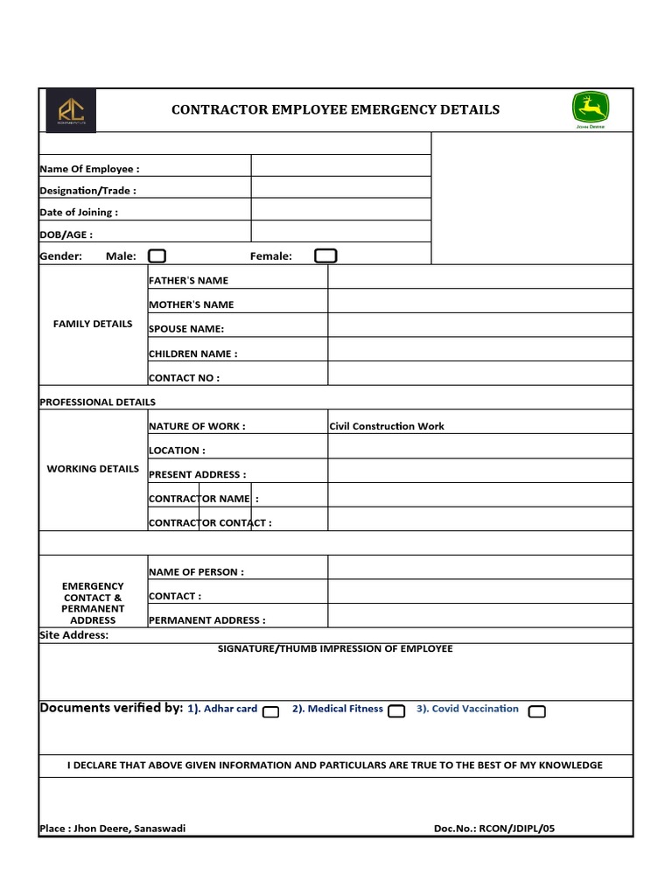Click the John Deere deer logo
pyautogui.click(x=591, y=108)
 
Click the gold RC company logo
pyautogui.click(x=71, y=111)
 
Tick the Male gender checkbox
pyautogui.click(x=157, y=255)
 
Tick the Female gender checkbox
pyautogui.click(x=325, y=255)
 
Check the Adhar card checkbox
pyautogui.click(x=271, y=711)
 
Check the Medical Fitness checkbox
pyautogui.click(x=396, y=711)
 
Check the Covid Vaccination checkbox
pyautogui.click(x=537, y=711)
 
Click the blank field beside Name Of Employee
pyautogui.click(x=340, y=166)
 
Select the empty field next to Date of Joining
pyautogui.click(x=340, y=209)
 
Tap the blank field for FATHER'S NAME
pyautogui.click(x=479, y=277)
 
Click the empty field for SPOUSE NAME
pyautogui.click(x=479, y=325)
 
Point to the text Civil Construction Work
pyautogui.click(x=387, y=426)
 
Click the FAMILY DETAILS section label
pyautogui.click(x=93, y=324)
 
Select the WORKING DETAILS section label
pyautogui.click(x=93, y=469)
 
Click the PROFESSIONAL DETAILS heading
pyautogui.click(x=97, y=402)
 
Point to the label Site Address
pyautogui.click(x=73, y=635)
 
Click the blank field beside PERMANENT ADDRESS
pyautogui.click(x=479, y=616)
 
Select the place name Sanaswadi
pyautogui.click(x=160, y=829)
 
